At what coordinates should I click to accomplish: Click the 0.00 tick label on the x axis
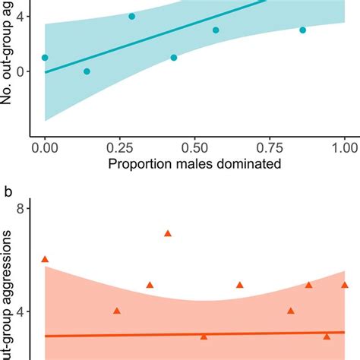pos(45,144)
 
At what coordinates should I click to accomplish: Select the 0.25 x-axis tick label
pos(119,144)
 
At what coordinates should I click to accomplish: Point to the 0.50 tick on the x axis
pos(194,144)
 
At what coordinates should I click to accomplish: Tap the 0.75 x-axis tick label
pos(270,144)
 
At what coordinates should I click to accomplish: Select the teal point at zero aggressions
pos(87,71)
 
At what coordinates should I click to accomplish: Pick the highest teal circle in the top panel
pos(131,16)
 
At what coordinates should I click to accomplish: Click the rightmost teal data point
pos(302,30)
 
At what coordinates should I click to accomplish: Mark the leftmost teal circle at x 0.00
pos(45,58)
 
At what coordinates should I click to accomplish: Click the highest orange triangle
pos(168,233)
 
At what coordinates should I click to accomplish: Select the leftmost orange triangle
pos(45,259)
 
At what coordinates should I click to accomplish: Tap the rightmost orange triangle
pos(344,285)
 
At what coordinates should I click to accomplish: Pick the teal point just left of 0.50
pos(174,58)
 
